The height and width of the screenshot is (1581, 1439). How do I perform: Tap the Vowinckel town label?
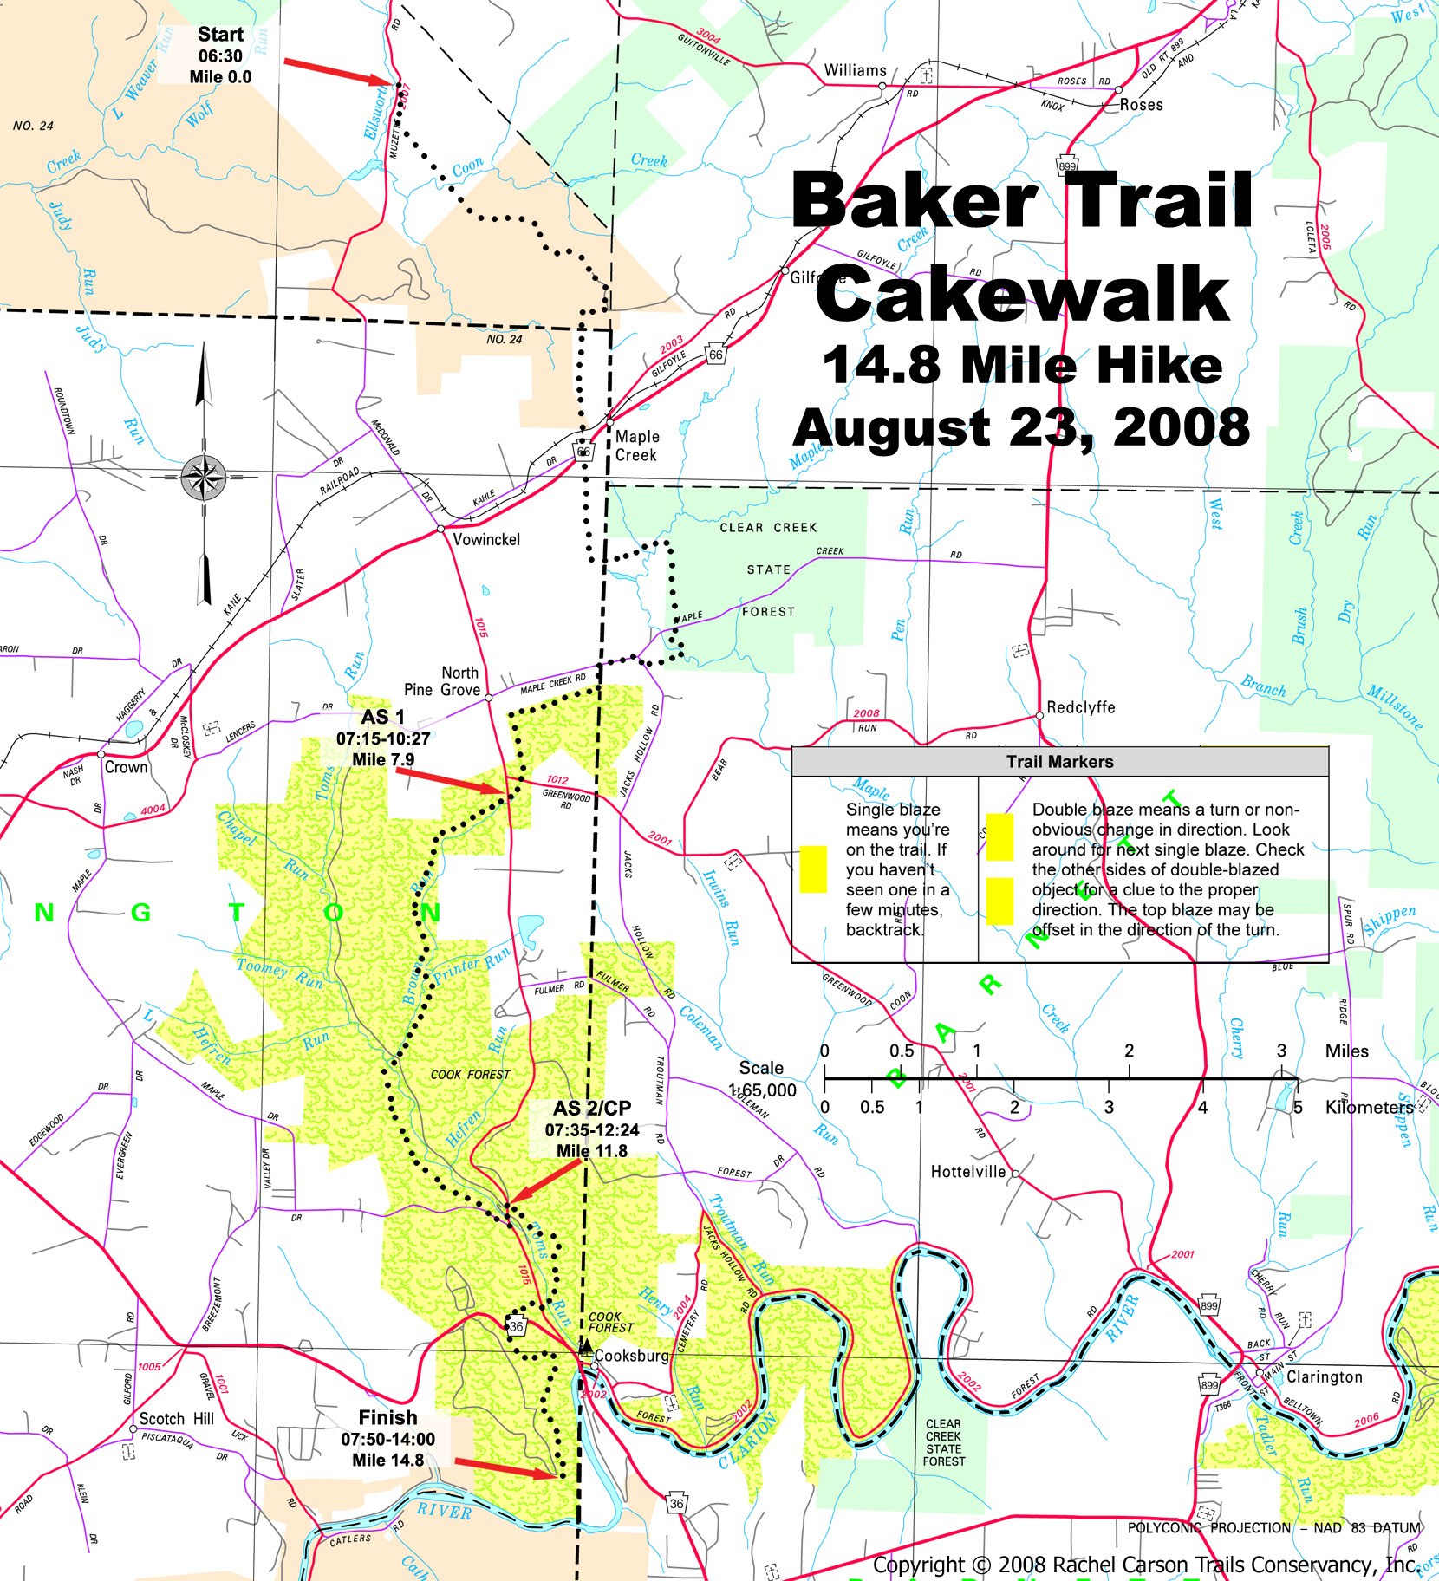click(x=485, y=539)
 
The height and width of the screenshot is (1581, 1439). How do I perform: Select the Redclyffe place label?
click(x=1080, y=707)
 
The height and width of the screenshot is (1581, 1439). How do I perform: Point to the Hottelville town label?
click(x=967, y=1172)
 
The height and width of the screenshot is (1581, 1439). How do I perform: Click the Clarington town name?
click(x=1324, y=1376)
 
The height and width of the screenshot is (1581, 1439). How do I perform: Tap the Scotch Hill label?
click(x=176, y=1419)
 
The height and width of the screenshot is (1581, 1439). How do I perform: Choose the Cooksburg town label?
click(x=631, y=1356)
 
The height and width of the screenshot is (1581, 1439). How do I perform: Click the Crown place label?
click(x=126, y=767)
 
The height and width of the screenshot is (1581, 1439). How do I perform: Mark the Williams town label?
click(x=855, y=70)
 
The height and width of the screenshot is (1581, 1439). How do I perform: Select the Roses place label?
click(x=1141, y=105)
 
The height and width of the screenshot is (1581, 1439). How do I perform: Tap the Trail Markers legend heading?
click(x=1059, y=762)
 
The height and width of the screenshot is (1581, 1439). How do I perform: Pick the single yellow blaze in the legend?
click(x=812, y=869)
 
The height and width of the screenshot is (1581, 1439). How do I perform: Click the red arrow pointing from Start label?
click(x=338, y=72)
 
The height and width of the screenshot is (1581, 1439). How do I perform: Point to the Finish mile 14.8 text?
click(x=387, y=1461)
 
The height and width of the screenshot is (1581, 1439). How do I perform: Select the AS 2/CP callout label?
click(x=592, y=1109)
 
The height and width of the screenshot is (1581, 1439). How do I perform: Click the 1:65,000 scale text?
click(x=762, y=1090)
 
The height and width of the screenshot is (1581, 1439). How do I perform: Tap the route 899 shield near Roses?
click(x=1066, y=166)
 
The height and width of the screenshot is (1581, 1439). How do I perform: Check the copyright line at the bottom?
click(x=1144, y=1565)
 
